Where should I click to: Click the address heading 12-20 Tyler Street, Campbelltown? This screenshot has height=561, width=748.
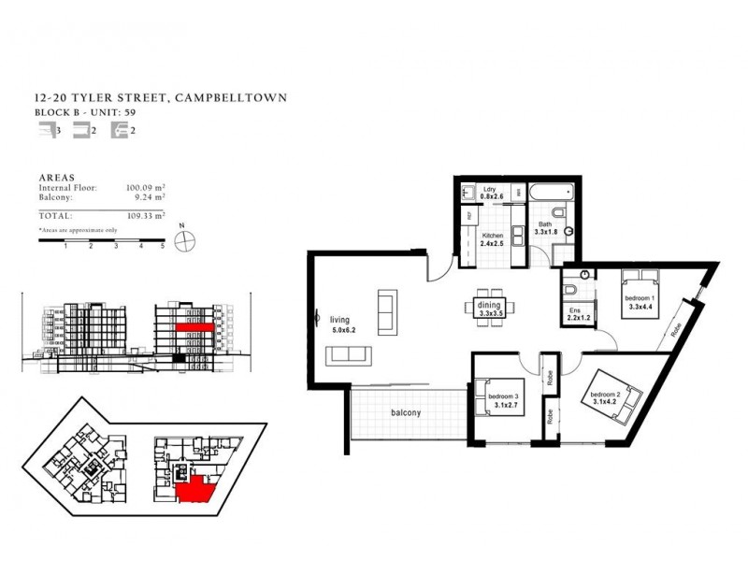(160, 97)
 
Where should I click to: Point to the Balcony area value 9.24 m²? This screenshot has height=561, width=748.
(150, 197)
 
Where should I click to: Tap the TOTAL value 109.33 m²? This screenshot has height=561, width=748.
(144, 214)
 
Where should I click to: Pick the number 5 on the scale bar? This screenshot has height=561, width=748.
(164, 247)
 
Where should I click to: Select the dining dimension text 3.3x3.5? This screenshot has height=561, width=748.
(491, 315)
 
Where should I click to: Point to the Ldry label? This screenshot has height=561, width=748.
(487, 189)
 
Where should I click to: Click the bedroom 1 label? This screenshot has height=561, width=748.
(640, 298)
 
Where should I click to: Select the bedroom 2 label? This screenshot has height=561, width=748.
(605, 396)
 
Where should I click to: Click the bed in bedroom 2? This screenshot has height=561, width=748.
(624, 403)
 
